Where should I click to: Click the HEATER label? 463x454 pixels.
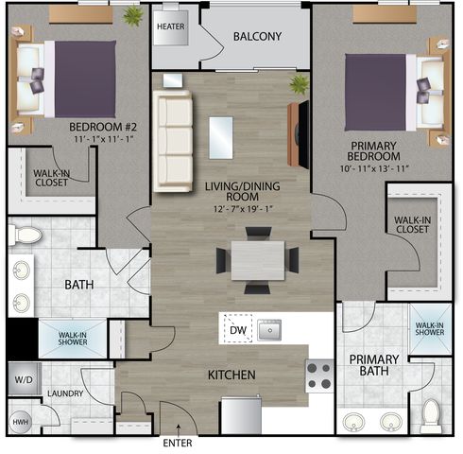pyautogui.click(x=171, y=26)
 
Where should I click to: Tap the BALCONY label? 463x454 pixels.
pyautogui.click(x=257, y=37)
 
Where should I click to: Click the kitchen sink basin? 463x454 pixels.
pyautogui.click(x=269, y=330)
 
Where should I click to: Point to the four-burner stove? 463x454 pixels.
pyautogui.click(x=319, y=375)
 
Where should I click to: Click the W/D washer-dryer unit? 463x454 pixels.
pyautogui.click(x=25, y=379)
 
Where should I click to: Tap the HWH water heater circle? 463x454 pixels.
pyautogui.click(x=21, y=422)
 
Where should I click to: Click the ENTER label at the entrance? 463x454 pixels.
pyautogui.click(x=178, y=443)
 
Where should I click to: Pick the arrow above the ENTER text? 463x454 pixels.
pyautogui.click(x=179, y=429)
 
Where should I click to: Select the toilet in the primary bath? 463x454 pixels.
pyautogui.click(x=431, y=415)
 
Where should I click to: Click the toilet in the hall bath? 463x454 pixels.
pyautogui.click(x=26, y=235)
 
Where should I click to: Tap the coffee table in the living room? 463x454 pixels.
pyautogui.click(x=221, y=138)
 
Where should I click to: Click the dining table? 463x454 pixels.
pyautogui.click(x=258, y=260)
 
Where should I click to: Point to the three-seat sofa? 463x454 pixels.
pyautogui.click(x=173, y=141)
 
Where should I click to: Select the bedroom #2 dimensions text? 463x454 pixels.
pyautogui.click(x=104, y=139)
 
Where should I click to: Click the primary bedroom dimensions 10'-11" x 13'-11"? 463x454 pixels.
pyautogui.click(x=374, y=168)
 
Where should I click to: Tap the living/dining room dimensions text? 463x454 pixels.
pyautogui.click(x=243, y=209)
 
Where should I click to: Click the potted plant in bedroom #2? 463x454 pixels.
pyautogui.click(x=133, y=15)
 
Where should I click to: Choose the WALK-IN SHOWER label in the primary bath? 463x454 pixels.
pyautogui.click(x=430, y=328)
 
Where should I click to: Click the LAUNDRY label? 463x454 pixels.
pyautogui.click(x=65, y=393)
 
